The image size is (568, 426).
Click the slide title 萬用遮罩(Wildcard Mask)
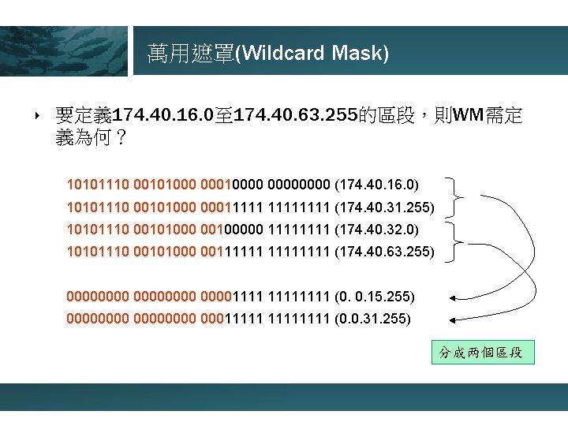(x=268, y=54)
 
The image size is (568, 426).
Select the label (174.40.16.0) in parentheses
(x=377, y=185)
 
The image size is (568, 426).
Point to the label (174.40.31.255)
(x=385, y=207)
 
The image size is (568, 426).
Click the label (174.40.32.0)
(x=377, y=230)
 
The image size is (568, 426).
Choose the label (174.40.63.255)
(x=385, y=252)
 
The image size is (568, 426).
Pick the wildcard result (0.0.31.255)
(x=373, y=319)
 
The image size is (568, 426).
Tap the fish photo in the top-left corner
(x=63, y=50)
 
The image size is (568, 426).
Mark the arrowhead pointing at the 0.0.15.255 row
(x=454, y=297)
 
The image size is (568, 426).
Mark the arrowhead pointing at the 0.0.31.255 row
(x=454, y=319)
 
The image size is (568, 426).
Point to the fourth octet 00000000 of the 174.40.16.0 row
(x=301, y=185)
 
